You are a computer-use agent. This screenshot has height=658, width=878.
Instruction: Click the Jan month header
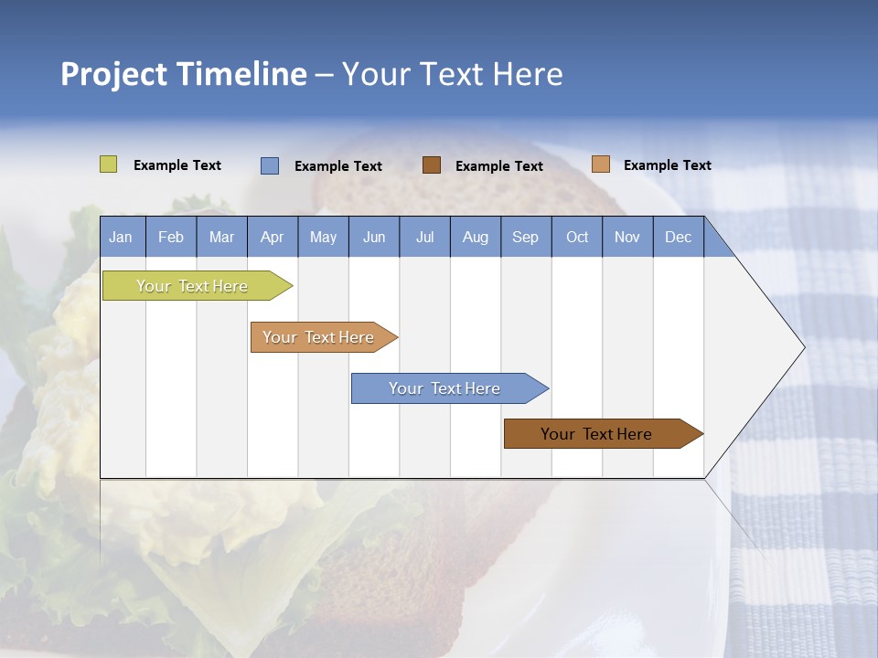click(122, 237)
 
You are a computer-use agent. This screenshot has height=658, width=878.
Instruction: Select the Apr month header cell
click(273, 237)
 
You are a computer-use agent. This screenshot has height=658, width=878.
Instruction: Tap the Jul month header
click(424, 237)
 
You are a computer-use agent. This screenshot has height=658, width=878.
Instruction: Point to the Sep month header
click(526, 237)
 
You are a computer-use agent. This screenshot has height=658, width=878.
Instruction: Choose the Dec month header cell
click(678, 237)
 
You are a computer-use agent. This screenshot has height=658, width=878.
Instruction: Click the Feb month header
click(171, 237)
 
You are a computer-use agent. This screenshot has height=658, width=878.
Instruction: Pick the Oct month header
click(577, 237)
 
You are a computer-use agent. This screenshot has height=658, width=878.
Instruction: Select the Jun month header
click(374, 237)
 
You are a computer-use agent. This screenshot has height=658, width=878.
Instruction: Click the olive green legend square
click(109, 164)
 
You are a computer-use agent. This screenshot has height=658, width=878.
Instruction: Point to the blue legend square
click(270, 165)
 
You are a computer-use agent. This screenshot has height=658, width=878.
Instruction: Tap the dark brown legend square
click(432, 164)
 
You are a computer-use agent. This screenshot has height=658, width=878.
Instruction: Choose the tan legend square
click(601, 164)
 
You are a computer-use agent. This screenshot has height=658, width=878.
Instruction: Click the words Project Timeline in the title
click(184, 74)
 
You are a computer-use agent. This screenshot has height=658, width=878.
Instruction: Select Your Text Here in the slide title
click(452, 74)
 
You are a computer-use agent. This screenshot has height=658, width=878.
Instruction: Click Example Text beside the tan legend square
click(667, 165)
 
